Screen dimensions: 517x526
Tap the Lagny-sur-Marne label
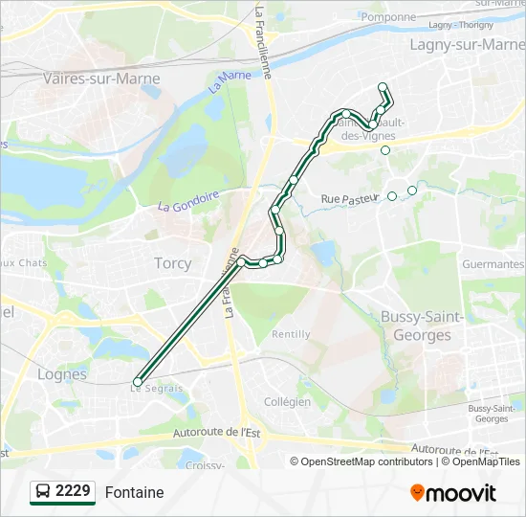(467, 44)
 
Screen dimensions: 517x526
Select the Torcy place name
(172, 262)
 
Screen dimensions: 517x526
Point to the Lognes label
(62, 374)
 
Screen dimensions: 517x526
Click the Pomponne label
(389, 17)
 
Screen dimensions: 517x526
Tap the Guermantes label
(493, 264)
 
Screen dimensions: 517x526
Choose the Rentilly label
(291, 334)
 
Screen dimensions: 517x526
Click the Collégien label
(287, 402)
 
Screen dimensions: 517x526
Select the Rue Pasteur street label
(350, 198)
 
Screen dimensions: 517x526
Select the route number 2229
(73, 491)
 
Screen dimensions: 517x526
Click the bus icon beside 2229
(43, 492)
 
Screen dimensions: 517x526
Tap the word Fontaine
(134, 492)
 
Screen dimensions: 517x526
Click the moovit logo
(453, 492)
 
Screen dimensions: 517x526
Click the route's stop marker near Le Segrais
(138, 382)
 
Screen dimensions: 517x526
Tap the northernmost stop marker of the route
(383, 87)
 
